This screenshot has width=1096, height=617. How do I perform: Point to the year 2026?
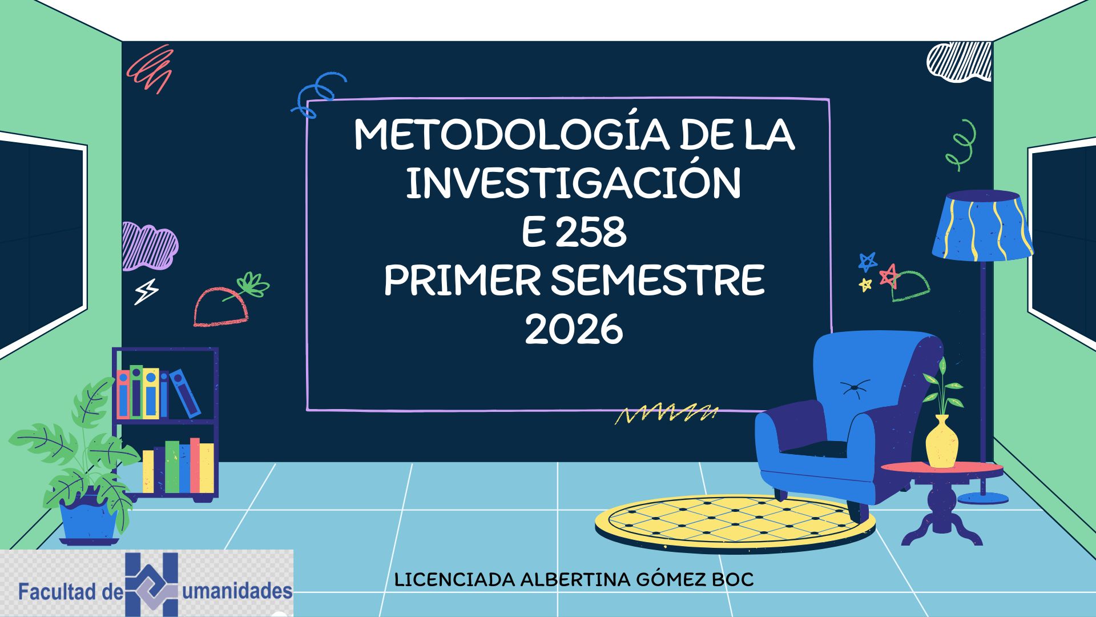tap(574, 329)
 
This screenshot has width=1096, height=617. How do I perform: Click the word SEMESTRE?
tap(658, 281)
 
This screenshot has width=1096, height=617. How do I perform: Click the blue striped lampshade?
tap(982, 226)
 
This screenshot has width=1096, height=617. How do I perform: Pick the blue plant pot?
tap(89, 520)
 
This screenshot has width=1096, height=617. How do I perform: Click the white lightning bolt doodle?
tap(146, 291)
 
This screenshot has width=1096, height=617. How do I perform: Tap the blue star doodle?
tap(867, 262)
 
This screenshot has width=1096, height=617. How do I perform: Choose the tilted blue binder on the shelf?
tap(186, 393)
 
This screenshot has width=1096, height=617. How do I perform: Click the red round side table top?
tap(942, 469)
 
